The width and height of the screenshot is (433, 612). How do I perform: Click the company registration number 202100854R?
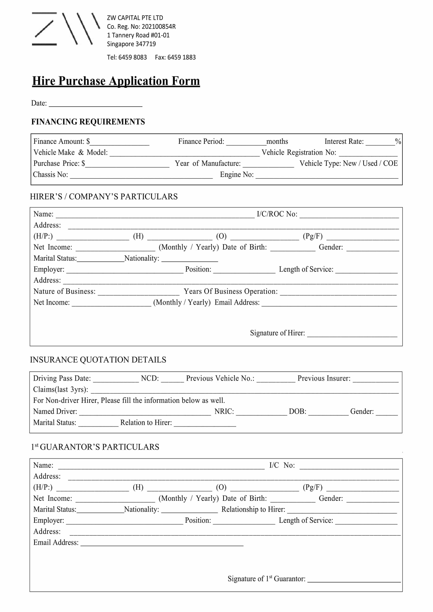(158, 27)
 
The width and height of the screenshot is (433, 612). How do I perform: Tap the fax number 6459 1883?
(181, 57)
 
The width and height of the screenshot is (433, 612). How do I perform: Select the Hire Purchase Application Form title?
(116, 81)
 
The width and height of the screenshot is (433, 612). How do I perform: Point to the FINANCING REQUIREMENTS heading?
(88, 122)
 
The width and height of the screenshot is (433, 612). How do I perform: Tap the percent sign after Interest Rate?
(398, 142)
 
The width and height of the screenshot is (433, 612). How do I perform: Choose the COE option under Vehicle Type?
(390, 163)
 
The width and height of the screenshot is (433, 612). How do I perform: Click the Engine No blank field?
(327, 175)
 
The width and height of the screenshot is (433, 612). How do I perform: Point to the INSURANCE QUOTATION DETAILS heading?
(98, 360)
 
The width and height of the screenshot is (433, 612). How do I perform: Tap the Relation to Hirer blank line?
(205, 424)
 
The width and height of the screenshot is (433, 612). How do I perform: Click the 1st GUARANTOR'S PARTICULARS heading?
(95, 447)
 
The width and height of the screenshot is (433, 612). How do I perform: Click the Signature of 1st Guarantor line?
(354, 580)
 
